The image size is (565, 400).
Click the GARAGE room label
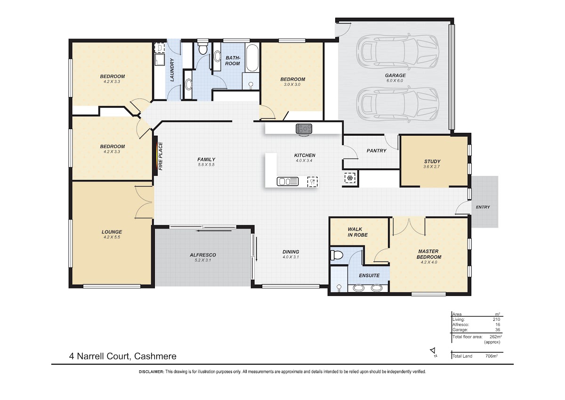[395, 75]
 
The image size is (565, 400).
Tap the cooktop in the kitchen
[304, 129]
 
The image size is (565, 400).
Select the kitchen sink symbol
[288, 181]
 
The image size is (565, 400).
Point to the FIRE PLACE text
[161, 156]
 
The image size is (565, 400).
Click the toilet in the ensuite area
[336, 255]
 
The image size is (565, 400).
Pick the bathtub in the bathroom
[252, 58]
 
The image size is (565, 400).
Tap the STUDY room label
[432, 162]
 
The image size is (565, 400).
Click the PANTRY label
[376, 151]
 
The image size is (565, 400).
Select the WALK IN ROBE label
[358, 232]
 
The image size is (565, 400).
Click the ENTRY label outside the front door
[483, 207]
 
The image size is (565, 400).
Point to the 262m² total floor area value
[496, 337]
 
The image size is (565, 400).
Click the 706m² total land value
[492, 356]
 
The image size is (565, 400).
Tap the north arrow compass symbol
[433, 351]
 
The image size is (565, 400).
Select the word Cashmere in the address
[155, 356]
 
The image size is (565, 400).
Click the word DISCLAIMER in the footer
[151, 372]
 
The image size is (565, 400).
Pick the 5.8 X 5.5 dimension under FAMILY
[206, 164]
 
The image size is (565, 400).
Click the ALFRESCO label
[203, 255]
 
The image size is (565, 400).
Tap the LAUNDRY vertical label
[172, 70]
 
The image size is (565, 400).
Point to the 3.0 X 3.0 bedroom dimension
[292, 84]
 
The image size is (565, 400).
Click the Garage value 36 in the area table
[497, 330]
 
